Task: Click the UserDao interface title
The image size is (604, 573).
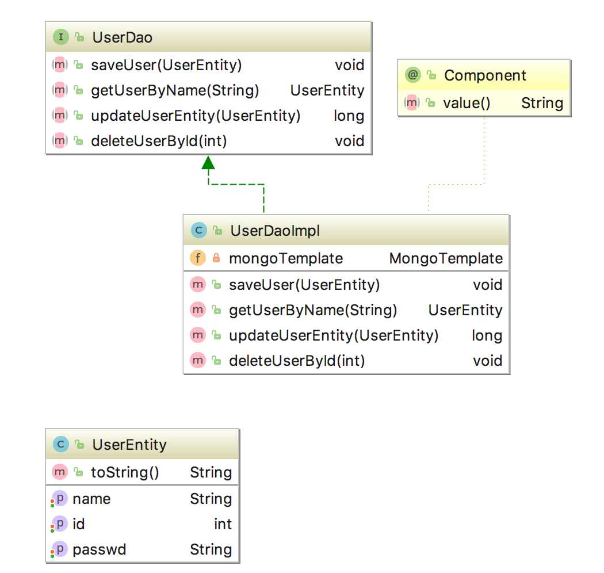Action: [x=122, y=37]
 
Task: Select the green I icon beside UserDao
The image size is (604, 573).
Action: [x=60, y=37]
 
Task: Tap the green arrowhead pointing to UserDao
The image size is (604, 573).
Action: [x=208, y=163]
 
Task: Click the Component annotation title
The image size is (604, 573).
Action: [x=485, y=75]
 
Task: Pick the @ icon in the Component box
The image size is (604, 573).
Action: [x=413, y=74]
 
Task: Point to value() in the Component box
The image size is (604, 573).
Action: [x=467, y=103]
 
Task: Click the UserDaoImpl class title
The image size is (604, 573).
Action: [x=275, y=231]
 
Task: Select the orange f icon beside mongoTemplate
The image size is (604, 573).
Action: [x=198, y=258]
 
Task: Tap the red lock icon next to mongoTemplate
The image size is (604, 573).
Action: [x=216, y=258]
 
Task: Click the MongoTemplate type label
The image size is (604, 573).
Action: [x=446, y=258]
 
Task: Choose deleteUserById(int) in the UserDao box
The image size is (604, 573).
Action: [x=159, y=141]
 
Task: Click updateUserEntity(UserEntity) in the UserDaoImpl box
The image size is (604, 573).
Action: [x=334, y=335]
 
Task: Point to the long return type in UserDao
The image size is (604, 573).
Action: [x=349, y=116]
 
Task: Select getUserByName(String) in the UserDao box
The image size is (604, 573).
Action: [x=175, y=90]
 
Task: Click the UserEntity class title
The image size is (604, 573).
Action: [x=129, y=445]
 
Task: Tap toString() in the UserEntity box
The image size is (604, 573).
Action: [x=125, y=472]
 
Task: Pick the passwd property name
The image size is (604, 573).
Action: [x=100, y=549]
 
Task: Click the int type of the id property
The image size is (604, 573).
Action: [x=223, y=524]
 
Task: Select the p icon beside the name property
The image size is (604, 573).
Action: [x=60, y=499]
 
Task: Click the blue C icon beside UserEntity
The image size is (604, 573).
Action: [x=60, y=444]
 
